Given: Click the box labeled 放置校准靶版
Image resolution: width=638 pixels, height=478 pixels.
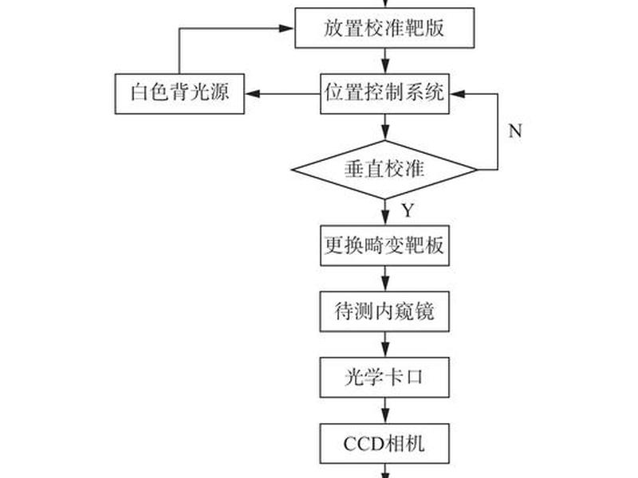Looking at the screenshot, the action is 384,28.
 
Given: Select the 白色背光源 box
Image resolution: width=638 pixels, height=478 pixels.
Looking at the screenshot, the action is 179,94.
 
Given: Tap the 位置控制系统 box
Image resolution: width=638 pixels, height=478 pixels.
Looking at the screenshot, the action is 384,94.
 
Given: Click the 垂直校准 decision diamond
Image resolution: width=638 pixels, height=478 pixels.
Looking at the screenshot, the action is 384,170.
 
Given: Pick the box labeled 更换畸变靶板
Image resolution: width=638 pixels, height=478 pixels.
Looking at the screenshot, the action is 384,245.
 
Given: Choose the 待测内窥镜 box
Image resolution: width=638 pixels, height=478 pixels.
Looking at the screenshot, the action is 384,311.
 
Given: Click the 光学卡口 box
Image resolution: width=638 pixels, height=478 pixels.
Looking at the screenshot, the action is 384,378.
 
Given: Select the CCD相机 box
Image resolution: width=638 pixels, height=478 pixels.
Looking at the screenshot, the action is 384,444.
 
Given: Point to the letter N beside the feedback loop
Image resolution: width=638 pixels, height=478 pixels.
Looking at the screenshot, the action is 515,131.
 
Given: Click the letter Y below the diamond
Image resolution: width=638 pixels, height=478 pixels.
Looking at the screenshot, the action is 408,210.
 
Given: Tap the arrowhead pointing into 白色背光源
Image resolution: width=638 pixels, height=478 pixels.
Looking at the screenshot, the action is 252,94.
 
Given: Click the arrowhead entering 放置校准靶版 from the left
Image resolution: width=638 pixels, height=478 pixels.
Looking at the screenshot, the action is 286,28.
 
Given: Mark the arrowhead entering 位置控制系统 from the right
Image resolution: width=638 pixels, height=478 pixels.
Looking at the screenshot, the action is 457,94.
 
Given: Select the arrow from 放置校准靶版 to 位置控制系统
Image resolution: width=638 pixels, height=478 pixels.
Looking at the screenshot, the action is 385,61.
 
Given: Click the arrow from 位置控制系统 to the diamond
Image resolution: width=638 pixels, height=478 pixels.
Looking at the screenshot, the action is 385,127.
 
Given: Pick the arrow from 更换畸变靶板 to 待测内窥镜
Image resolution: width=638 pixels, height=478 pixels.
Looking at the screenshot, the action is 385,279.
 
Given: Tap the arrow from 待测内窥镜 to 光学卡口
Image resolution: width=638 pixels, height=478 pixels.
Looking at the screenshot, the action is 385,345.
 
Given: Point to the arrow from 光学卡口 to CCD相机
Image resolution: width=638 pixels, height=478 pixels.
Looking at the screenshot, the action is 385,410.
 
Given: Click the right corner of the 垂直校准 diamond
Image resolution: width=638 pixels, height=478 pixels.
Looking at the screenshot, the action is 477,170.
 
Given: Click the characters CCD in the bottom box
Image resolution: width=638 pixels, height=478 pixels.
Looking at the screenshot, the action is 364,444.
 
